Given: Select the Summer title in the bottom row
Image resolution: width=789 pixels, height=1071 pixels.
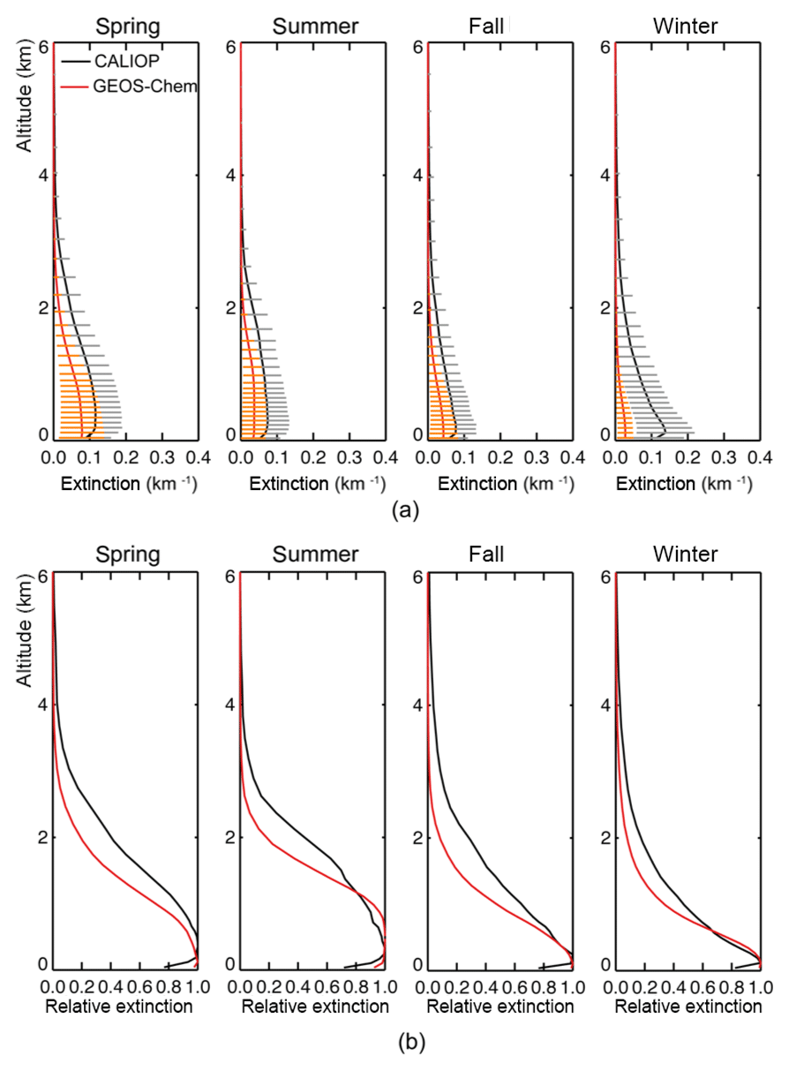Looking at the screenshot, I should point(315,554).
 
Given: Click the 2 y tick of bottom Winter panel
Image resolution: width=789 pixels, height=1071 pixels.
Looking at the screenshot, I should point(606,837).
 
